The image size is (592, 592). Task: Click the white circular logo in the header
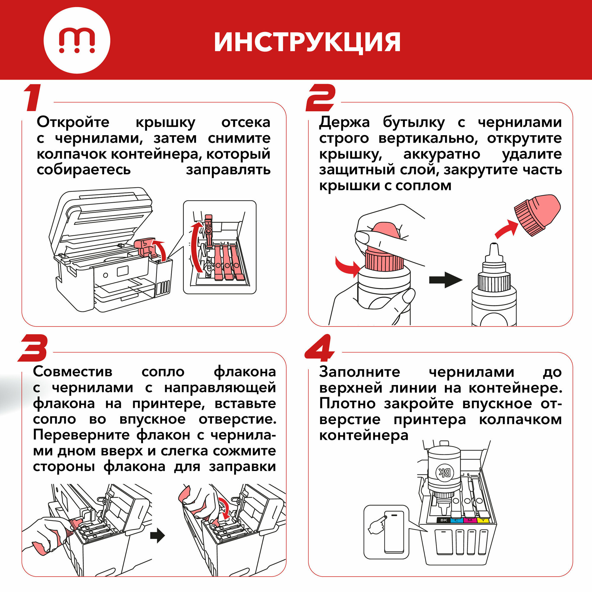coord(77,41)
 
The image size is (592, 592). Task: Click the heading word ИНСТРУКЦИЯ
coord(307,42)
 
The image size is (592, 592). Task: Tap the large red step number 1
coord(33,98)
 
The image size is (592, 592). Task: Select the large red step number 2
coord(321,98)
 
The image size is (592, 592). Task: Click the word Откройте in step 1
coord(73,122)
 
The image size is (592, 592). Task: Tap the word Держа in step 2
coord(344,123)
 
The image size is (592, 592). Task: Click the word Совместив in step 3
coord(73,372)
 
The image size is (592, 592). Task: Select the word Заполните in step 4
coord(359,372)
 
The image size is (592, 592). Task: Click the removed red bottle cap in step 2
coord(537,215)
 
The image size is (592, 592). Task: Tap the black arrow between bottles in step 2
coord(445,279)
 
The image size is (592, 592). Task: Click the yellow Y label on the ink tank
coord(483,520)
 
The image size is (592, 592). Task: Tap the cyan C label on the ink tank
coord(456,520)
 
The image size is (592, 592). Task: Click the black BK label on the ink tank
coord(443,520)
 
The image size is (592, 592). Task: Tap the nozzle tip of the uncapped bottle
coord(494,245)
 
